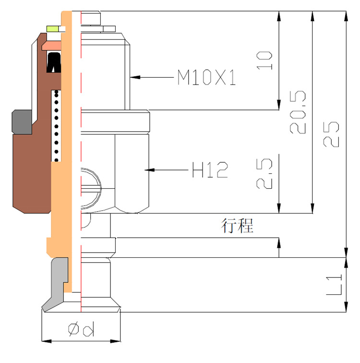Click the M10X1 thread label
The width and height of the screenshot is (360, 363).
tap(207, 77)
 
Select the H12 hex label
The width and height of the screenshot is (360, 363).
tap(210, 170)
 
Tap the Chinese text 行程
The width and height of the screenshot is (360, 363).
tap(237, 225)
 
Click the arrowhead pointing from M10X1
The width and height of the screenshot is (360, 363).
tap(135, 76)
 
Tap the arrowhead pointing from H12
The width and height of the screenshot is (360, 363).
tap(150, 169)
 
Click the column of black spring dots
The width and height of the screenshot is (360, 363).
tap(57, 125)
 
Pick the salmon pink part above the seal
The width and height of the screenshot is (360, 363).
tap(53, 45)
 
